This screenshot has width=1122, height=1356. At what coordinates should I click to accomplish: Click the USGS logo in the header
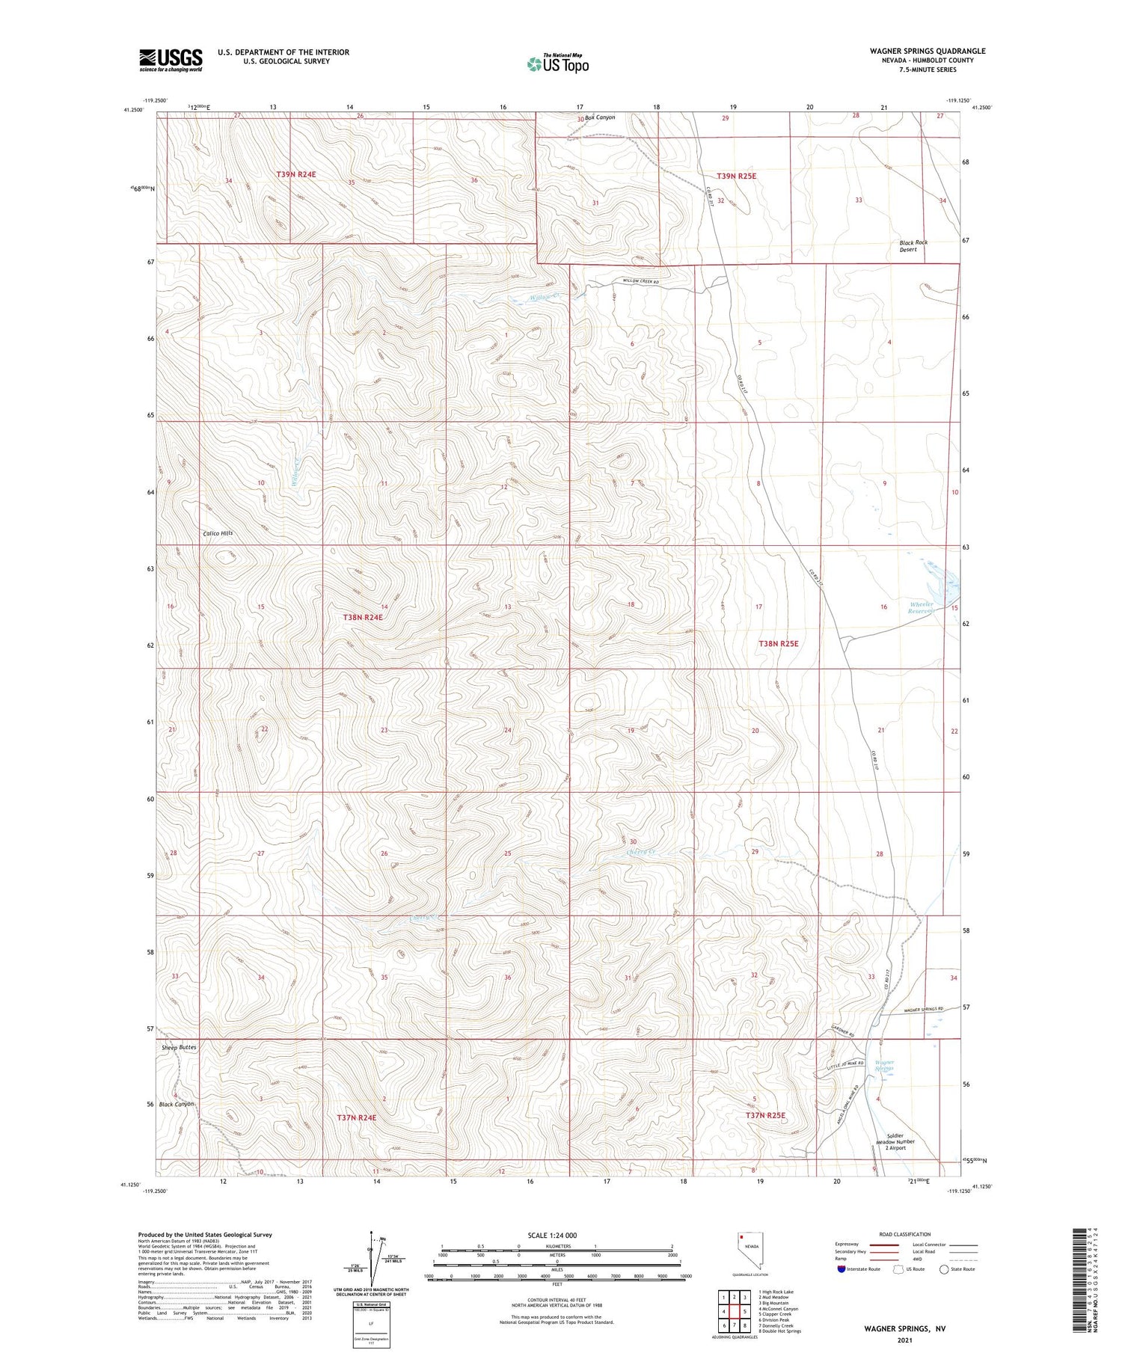point(171,60)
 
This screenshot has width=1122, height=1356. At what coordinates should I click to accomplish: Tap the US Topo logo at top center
point(557,64)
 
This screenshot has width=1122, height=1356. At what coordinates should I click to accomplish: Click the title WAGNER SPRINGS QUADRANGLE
point(916,51)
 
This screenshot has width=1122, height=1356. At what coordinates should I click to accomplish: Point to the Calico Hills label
point(218,533)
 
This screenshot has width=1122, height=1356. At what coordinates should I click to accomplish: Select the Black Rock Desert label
point(913,246)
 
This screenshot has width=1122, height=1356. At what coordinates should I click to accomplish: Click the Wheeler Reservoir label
point(922,607)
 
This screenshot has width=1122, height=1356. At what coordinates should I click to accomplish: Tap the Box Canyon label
point(600,117)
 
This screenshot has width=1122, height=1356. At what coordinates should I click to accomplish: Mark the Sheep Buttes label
point(179,1048)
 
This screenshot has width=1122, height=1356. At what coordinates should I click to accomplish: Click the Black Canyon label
point(176,1104)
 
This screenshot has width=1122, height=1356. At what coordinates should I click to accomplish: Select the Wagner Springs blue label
point(885,1066)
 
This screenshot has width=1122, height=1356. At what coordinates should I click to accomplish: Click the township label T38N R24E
point(363,617)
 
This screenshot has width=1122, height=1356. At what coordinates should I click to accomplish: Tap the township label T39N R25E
point(736,176)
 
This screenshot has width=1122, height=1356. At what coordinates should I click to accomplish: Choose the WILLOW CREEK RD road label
point(640,281)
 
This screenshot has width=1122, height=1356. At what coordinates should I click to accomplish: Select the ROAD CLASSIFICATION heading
point(905,1234)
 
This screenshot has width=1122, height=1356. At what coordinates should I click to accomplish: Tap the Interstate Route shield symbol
point(841,1269)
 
